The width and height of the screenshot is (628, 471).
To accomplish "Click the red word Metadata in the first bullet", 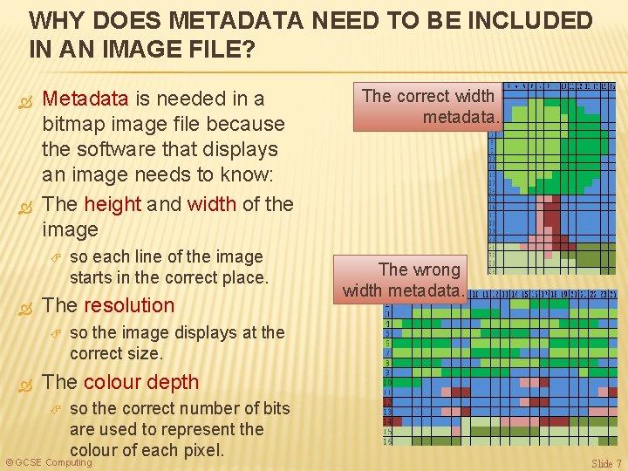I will (85, 99).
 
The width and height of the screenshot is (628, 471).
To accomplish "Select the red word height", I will (113, 204).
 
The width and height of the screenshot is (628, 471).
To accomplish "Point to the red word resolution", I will (129, 305).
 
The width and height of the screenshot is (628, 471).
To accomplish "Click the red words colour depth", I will (141, 382).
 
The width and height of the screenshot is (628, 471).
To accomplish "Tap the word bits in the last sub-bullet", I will (248, 408).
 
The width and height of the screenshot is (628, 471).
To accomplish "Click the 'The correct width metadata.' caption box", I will (427, 106).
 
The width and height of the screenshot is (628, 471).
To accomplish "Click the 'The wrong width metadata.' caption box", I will (405, 279).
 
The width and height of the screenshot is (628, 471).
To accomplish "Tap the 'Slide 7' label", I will (606, 463).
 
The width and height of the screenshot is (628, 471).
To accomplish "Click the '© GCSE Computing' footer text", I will (49, 462).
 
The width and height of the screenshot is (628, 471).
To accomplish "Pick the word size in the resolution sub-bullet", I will (147, 353).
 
